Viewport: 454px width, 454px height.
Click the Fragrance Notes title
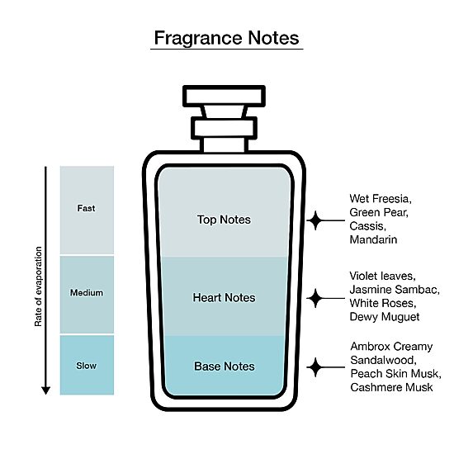click(226, 38)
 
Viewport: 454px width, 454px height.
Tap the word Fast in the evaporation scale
click(86, 208)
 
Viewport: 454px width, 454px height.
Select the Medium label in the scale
click(87, 293)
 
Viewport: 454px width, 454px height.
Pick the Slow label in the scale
click(87, 366)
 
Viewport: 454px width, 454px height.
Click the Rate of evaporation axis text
click(38, 286)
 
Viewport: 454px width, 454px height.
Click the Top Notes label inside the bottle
click(224, 220)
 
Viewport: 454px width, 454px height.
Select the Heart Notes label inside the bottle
click(224, 298)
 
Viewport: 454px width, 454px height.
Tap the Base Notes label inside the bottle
click(225, 367)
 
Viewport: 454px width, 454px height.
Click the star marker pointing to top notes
click(315, 220)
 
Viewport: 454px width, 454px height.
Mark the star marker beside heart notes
click(315, 298)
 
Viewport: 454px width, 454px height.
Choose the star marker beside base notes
click(315, 367)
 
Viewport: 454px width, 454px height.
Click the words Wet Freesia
click(380, 199)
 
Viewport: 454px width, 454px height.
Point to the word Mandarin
click(373, 239)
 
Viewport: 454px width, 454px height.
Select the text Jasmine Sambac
click(395, 290)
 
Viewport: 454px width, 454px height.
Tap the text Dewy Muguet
click(385, 317)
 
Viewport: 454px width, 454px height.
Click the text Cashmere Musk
click(391, 387)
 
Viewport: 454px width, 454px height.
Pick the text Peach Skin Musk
click(395, 373)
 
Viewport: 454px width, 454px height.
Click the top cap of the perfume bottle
click(224, 96)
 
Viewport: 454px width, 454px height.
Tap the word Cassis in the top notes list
click(367, 226)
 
